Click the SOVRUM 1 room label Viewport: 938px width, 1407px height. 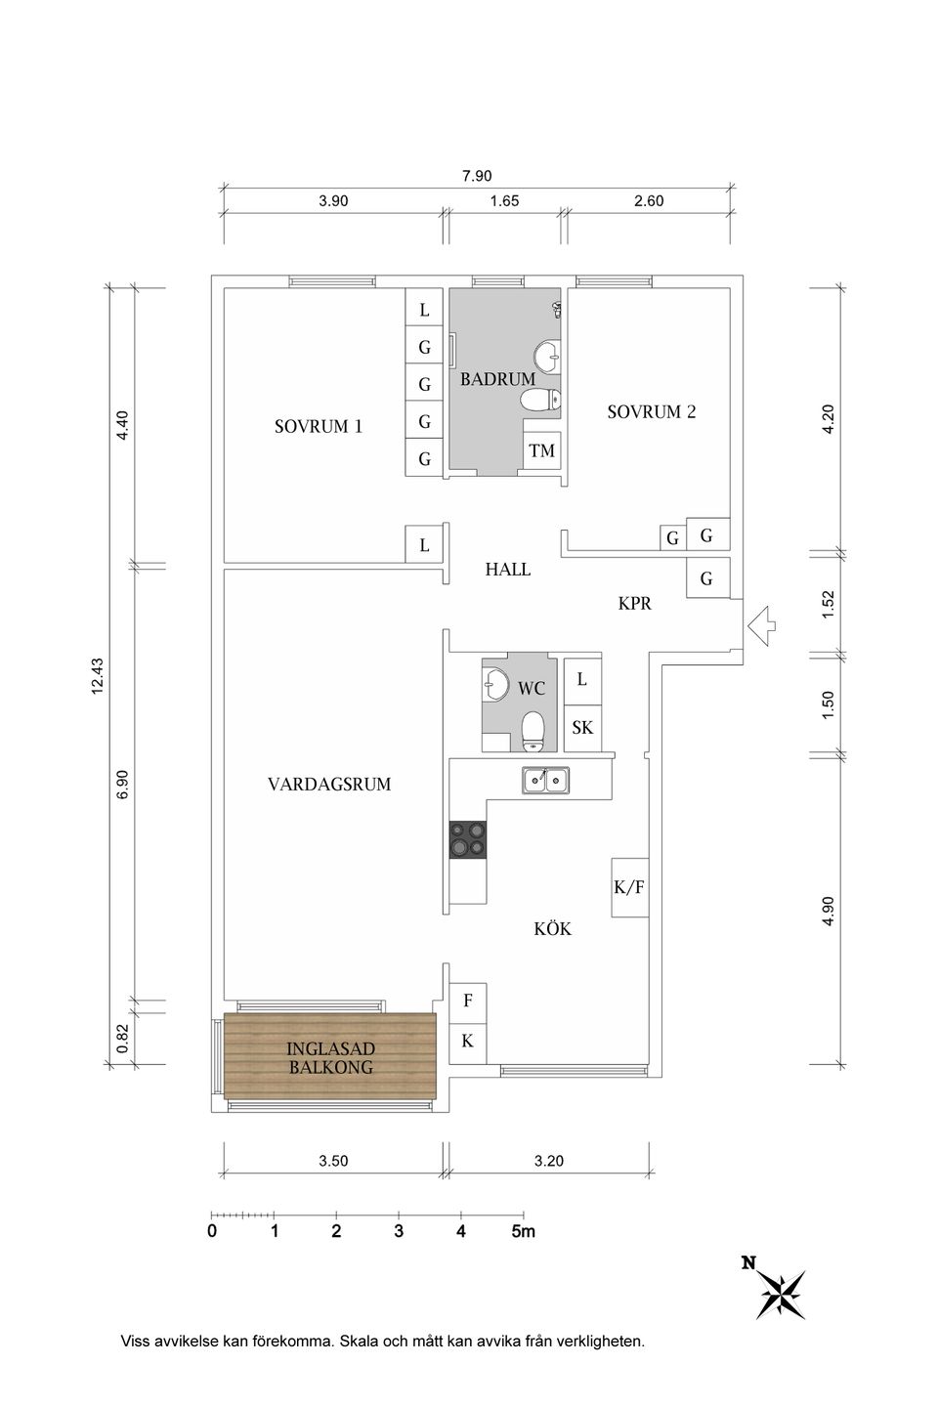point(319,427)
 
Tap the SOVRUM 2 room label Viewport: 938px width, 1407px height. point(651,412)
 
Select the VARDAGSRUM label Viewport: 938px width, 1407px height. point(329,784)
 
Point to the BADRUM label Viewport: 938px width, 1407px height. point(497,379)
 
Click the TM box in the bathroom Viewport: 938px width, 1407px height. point(541,450)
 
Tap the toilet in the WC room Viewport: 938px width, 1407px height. point(533,731)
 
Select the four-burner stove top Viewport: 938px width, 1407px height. point(468,839)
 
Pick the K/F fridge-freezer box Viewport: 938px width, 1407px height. point(629,888)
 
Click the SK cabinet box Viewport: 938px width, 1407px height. point(582,728)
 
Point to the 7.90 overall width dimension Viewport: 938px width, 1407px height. point(477,177)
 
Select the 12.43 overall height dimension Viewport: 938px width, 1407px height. point(97,675)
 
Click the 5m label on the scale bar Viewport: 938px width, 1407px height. point(523,1231)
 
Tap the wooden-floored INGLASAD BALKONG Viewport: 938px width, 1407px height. point(329,1057)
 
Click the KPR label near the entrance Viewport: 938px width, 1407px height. point(634,604)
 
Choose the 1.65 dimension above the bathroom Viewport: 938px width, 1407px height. point(504,202)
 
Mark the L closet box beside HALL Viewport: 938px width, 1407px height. point(424,545)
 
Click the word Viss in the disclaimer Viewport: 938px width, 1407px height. point(136,1342)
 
